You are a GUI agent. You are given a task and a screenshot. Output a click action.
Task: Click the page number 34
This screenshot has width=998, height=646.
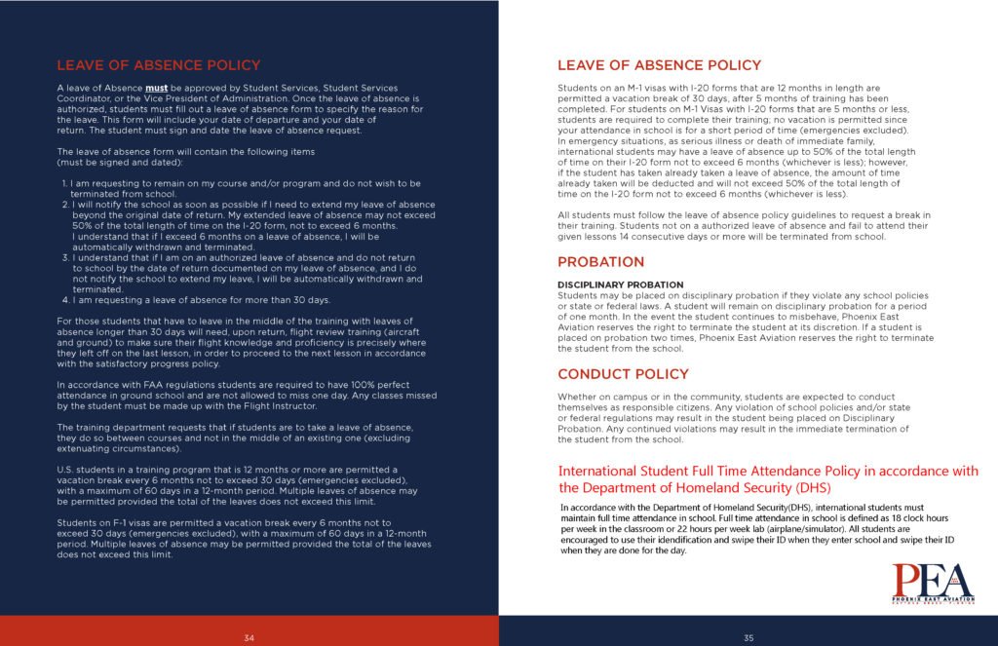point(249,638)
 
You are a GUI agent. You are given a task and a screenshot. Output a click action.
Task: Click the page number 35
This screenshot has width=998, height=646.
point(748,638)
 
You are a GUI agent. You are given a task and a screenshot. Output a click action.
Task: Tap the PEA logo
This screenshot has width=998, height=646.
point(933,584)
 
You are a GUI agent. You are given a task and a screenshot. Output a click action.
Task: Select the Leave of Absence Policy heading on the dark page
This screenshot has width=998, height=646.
point(158,65)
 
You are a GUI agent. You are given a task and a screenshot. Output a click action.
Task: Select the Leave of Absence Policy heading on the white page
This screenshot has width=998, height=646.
point(659,65)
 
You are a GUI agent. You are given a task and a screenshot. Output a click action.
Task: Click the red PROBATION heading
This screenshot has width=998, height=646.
point(600,262)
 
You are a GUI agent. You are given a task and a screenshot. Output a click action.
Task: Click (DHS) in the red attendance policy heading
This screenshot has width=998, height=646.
point(812,487)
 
